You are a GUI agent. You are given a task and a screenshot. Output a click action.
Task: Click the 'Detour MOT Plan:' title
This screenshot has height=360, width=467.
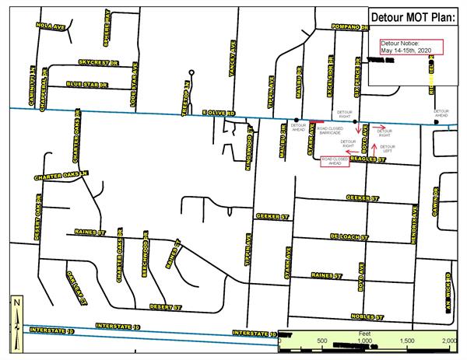[x=415, y=16]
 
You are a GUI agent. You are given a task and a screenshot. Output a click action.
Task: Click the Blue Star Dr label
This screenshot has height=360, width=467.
[x=85, y=83]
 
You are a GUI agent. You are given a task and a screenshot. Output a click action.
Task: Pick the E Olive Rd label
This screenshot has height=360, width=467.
[x=219, y=114]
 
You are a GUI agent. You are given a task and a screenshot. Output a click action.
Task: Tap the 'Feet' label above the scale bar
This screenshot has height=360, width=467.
[x=363, y=332]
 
